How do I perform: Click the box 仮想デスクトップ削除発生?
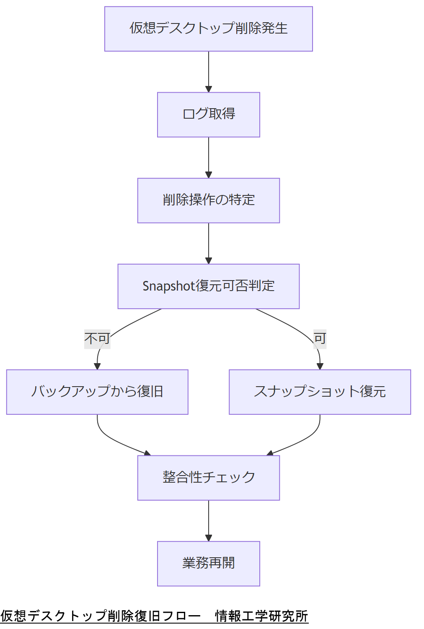(x=208, y=29)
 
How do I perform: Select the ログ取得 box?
(x=208, y=114)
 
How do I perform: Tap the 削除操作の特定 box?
(x=208, y=200)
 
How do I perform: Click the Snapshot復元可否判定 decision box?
(x=208, y=286)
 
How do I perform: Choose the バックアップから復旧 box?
(x=97, y=392)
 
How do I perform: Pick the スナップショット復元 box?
(x=320, y=392)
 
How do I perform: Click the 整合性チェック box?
(x=208, y=478)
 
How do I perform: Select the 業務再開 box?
(x=208, y=564)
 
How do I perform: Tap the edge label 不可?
(x=97, y=338)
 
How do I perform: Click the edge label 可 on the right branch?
(x=320, y=338)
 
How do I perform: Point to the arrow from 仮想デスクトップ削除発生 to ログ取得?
(x=209, y=71)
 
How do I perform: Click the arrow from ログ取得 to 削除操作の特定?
(x=209, y=157)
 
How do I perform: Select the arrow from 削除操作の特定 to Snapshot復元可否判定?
(x=209, y=243)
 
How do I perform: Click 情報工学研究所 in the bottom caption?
(x=261, y=616)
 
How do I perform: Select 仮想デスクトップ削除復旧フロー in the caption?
(x=101, y=616)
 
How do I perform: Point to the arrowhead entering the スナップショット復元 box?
(x=320, y=366)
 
